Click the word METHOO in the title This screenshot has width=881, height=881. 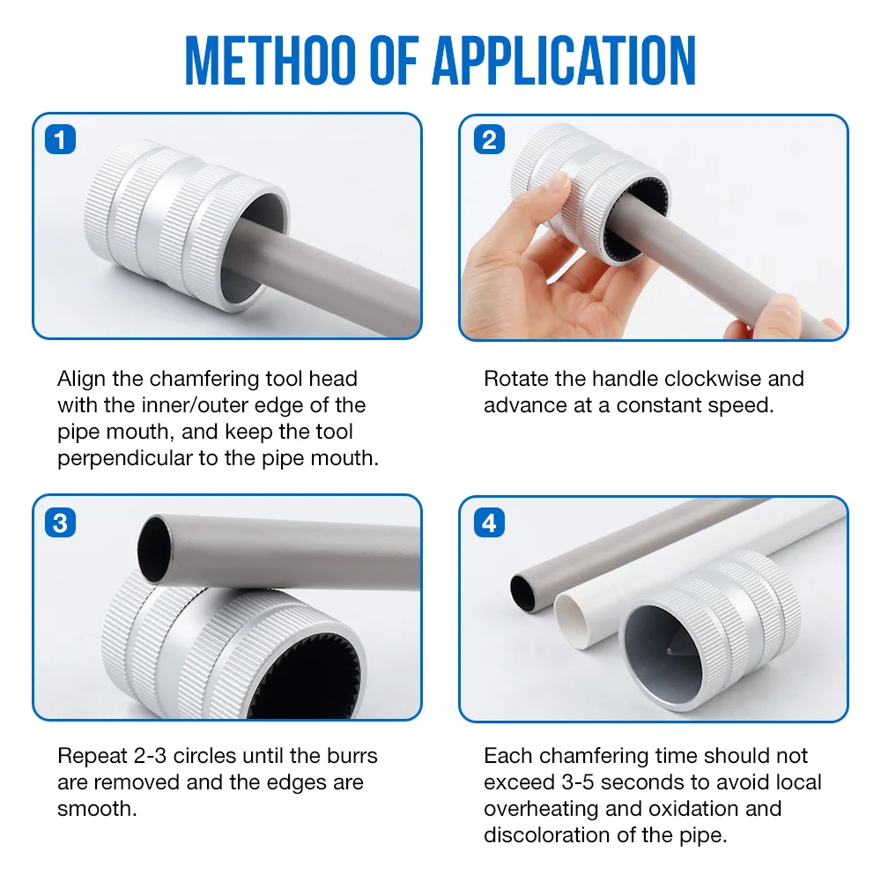[270, 61]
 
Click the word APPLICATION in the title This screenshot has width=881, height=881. [564, 61]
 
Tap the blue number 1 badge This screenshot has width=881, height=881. [60, 139]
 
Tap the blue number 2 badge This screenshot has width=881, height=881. [489, 139]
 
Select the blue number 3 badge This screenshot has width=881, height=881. [60, 522]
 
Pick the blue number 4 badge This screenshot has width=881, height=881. [489, 522]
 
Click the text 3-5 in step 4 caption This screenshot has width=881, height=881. [578, 782]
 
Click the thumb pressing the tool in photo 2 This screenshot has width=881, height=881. [553, 194]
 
